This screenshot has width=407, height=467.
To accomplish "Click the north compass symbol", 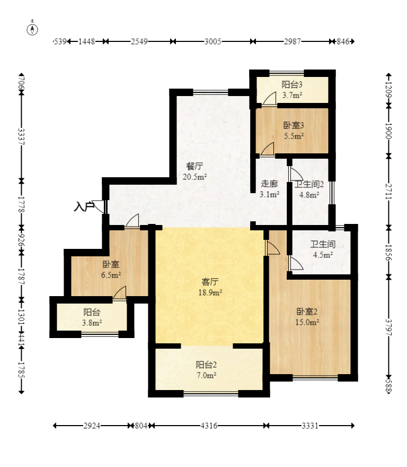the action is point(32,29).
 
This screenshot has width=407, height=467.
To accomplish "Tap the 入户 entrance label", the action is point(84,206).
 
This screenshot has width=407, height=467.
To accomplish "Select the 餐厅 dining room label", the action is point(195,166).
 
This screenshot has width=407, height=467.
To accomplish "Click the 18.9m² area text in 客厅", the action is point(210,292).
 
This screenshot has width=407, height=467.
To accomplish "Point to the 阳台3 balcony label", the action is point(292,84).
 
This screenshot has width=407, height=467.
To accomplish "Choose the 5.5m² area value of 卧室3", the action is point(294,136).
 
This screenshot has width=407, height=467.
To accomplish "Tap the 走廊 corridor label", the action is point(269,184).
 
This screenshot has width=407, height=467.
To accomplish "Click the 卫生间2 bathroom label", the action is point(309,184).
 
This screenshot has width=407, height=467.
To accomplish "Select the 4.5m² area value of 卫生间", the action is point(323,255).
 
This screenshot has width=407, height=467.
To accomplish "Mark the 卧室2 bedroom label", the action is point(307,312).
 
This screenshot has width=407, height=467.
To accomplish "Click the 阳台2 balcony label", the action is point(206,365).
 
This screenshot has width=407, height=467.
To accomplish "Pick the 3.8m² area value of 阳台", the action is point(92,323).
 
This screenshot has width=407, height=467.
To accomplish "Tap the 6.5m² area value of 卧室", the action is point(111,274).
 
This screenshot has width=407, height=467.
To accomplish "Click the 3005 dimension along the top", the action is point(213,41).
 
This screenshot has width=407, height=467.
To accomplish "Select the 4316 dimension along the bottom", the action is point(209,426).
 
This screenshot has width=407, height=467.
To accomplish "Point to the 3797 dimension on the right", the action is point(388,327).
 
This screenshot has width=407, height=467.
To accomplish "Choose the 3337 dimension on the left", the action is point(21,136).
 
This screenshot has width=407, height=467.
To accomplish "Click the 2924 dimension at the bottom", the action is point(92,426).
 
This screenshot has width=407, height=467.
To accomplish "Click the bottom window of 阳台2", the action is point(211,394).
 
